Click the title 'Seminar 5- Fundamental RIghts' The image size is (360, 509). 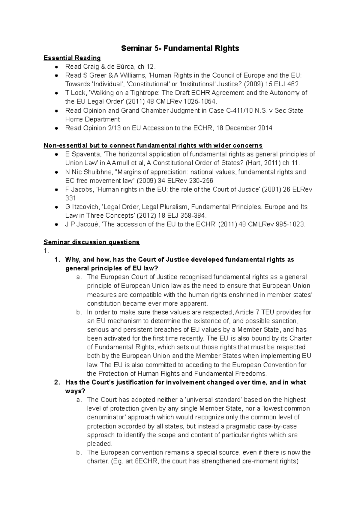[x=180, y=48]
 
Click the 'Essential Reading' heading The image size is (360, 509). [x=72, y=58]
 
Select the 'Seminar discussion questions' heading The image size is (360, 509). [x=91, y=242]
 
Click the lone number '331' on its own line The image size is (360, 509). [x=70, y=198]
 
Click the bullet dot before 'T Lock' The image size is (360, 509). [x=56, y=93]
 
